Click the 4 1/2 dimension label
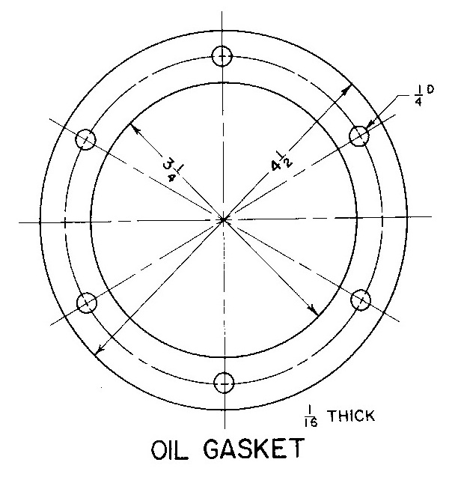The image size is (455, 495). pos(281,162)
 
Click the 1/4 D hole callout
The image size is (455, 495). pos(424,96)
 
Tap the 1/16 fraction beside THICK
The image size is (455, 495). pos(311,417)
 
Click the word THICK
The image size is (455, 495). pos(352,416)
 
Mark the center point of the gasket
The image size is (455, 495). pos(224,219)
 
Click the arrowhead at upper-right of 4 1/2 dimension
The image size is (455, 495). pos(346,89)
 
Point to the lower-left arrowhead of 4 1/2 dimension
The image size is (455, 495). pos(100,348)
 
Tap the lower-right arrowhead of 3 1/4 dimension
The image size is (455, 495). pos(314,310)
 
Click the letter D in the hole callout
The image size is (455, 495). pos(430,89)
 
